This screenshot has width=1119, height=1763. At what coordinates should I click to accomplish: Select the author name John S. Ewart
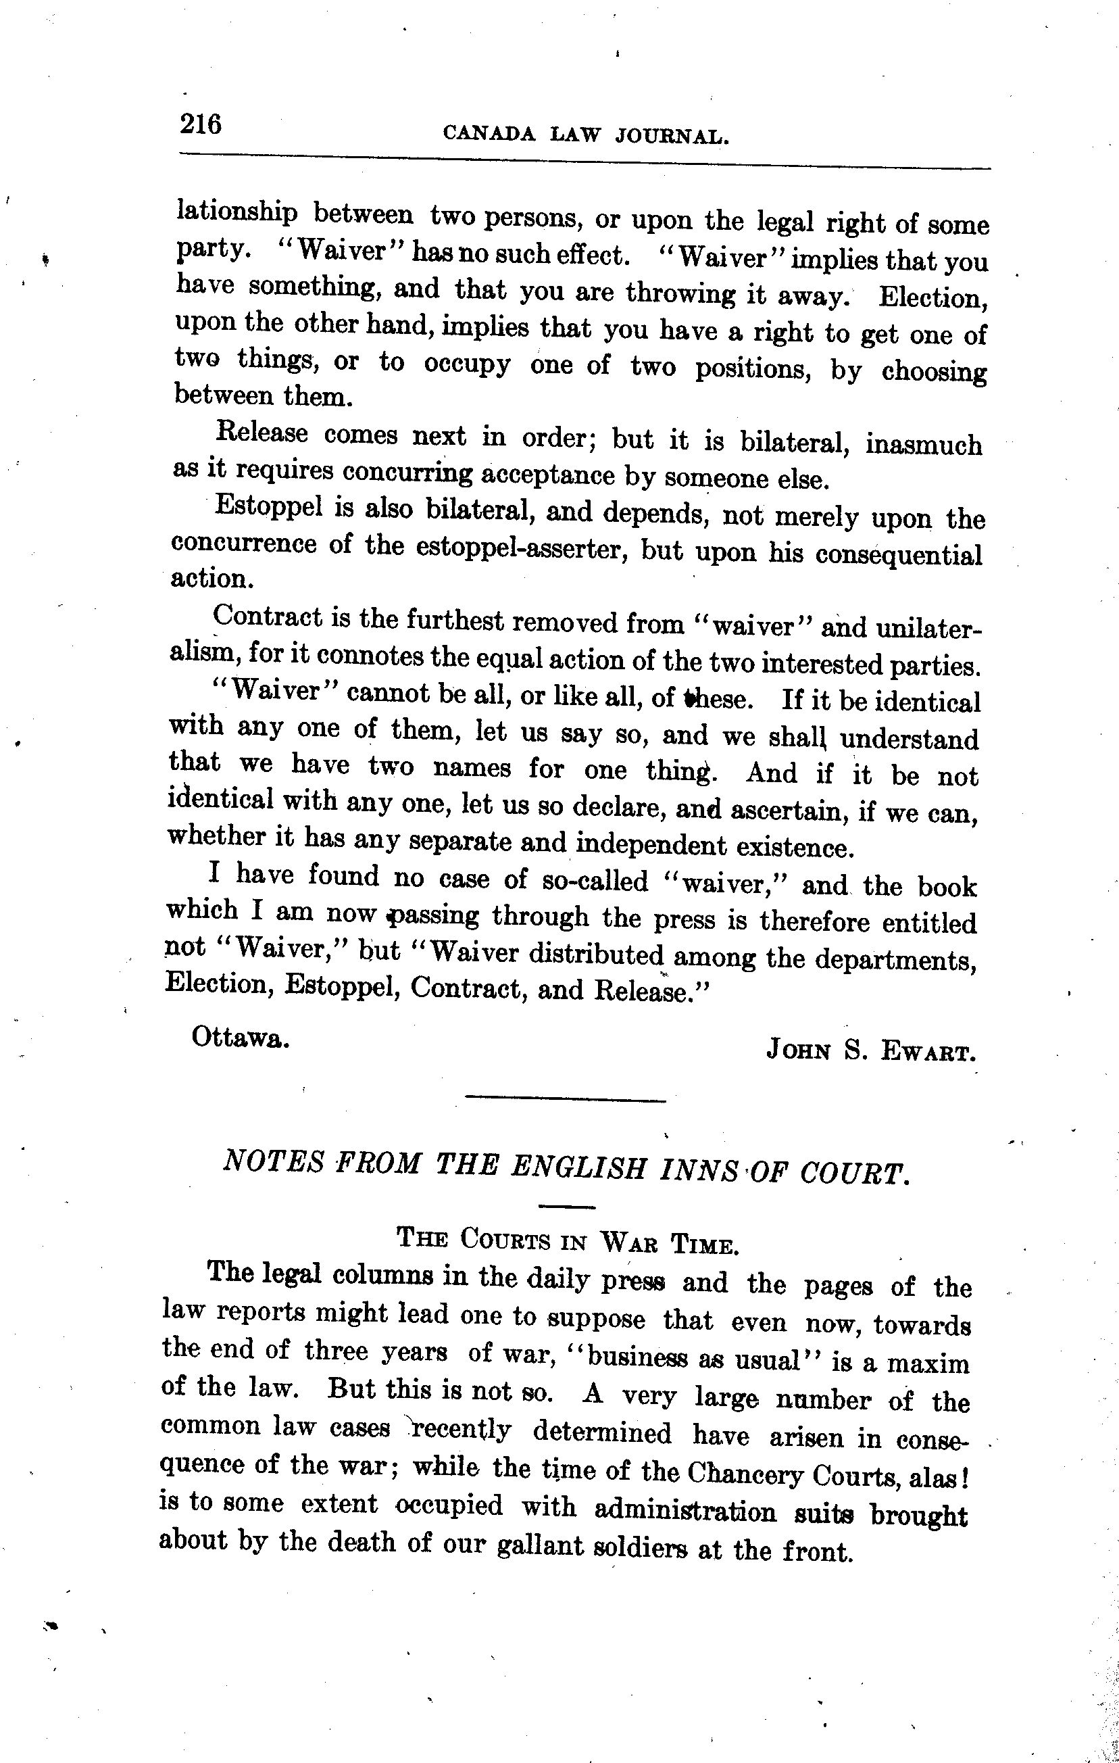(x=871, y=1051)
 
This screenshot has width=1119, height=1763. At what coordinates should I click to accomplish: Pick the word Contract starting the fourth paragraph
(x=267, y=617)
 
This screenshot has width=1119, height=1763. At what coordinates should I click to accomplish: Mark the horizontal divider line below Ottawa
(x=566, y=1099)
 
